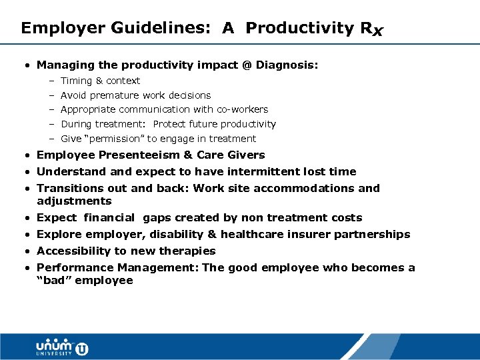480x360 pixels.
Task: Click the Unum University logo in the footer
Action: (61, 347)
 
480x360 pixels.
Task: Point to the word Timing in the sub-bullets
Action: (77, 81)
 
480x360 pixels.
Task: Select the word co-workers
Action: (241, 109)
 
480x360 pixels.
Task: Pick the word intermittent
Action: (269, 171)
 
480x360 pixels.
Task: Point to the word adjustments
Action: (74, 201)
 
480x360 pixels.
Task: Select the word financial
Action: (110, 217)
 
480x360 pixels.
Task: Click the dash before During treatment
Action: (51, 124)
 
